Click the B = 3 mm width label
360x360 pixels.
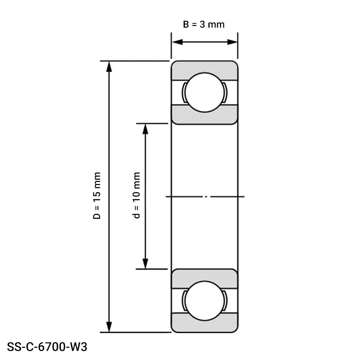coord(204,24)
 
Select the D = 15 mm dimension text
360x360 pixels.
coord(97,196)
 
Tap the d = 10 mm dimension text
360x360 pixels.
coord(137,196)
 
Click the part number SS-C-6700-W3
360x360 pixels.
coord(47,347)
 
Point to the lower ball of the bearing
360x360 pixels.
coord(204,301)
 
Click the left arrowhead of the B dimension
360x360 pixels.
coord(176,42)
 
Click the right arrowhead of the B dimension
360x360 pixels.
coord(233,42)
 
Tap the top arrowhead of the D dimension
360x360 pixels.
coord(108,66)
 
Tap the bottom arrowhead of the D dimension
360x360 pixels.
coord(108,327)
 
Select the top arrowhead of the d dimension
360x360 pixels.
coord(146,128)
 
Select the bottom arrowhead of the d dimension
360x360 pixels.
coord(146,264)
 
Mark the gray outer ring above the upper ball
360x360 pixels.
coord(204,68)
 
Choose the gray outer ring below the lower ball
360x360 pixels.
coord(204,326)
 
